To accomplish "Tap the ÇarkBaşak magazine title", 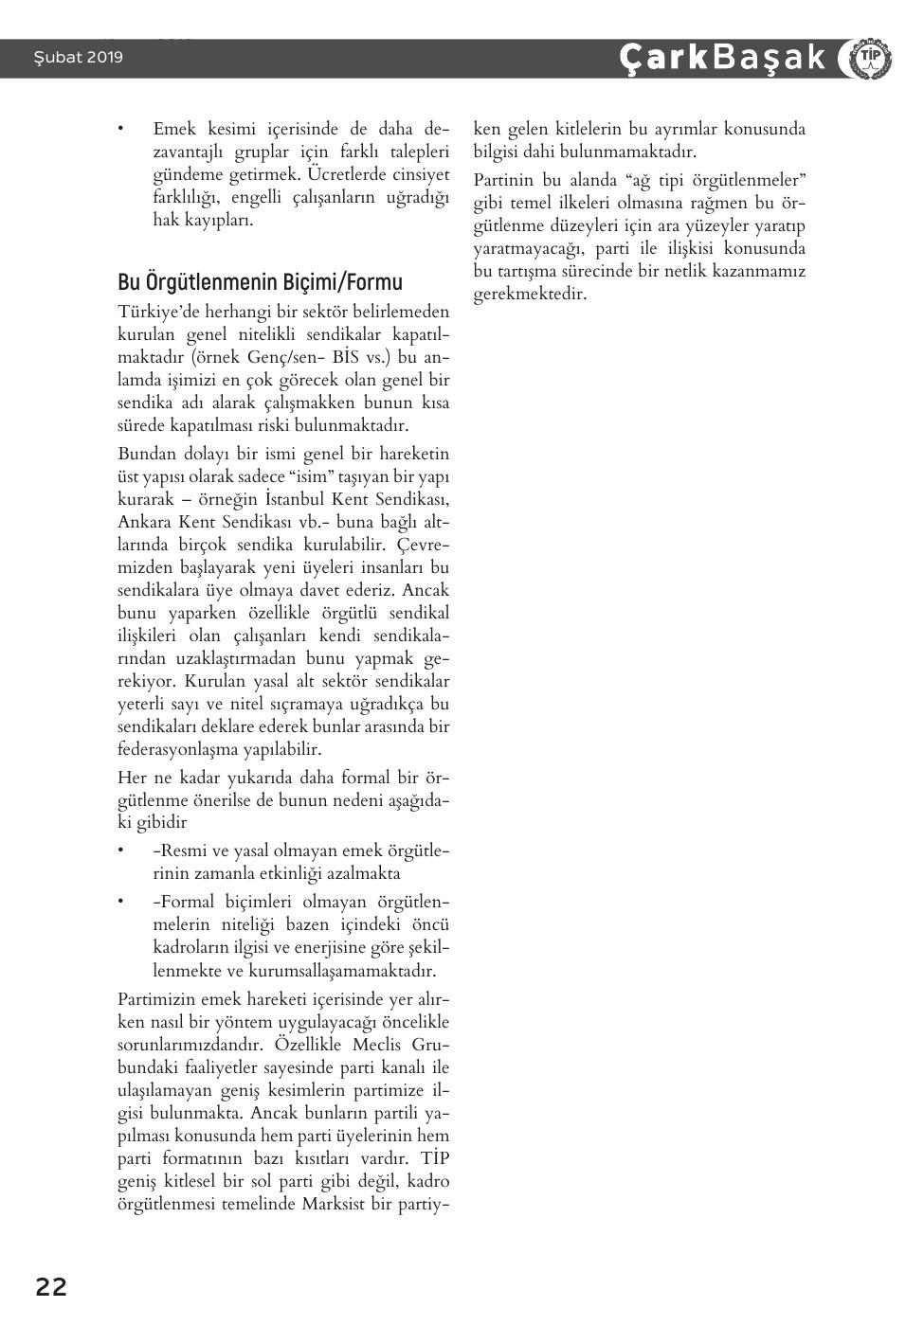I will pos(722,58).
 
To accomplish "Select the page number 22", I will pos(51,1287).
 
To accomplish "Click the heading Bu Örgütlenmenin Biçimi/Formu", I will pos(260,282).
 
